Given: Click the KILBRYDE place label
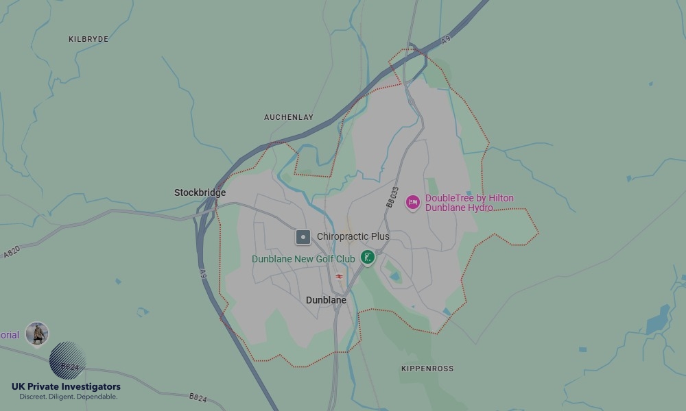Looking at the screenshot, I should click(x=88, y=39).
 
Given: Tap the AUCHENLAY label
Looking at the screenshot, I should click(x=288, y=117).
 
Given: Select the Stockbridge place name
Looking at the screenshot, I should click(x=200, y=192).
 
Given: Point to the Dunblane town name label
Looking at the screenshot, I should click(x=326, y=300).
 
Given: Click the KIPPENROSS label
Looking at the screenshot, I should click(x=427, y=369).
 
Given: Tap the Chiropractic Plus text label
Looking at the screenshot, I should click(x=353, y=236).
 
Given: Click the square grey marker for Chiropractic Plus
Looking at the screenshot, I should click(x=303, y=237).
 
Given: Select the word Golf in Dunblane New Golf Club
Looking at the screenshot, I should click(x=325, y=259).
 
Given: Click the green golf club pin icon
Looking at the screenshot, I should click(x=368, y=258).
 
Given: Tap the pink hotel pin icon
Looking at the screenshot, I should click(x=412, y=202).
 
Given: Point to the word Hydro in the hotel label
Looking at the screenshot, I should click(x=480, y=208).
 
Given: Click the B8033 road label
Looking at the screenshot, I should click(x=392, y=197).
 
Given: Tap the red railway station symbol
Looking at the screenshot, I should click(x=339, y=277).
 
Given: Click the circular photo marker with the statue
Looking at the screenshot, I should click(x=37, y=334).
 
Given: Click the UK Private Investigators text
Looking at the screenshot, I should click(x=66, y=387).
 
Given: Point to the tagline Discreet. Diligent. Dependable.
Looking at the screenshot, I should click(x=68, y=397).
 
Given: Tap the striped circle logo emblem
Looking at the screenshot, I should click(x=68, y=359).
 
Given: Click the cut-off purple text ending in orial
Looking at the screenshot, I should click(x=10, y=335).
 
